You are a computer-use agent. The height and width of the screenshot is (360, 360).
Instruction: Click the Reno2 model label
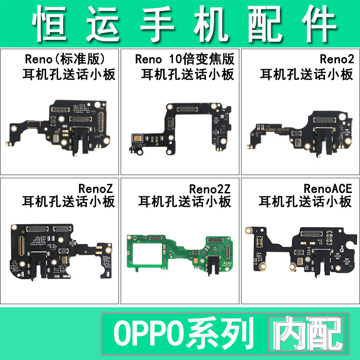click(x=337, y=59)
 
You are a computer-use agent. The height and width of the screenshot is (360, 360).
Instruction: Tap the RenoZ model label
click(x=96, y=189)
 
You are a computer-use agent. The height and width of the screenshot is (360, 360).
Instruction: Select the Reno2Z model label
click(x=210, y=189)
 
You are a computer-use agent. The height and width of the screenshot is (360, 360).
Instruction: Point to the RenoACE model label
click(x=328, y=189)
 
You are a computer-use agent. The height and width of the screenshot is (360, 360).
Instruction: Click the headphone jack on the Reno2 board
click(x=322, y=141)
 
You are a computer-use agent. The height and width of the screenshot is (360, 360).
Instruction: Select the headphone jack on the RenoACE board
click(x=321, y=262)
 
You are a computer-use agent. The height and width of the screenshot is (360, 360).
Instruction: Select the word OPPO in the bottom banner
click(x=149, y=334)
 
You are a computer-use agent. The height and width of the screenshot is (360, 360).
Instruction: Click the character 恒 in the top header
click(x=49, y=24)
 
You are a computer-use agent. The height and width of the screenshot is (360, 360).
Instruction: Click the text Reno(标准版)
click(x=64, y=59)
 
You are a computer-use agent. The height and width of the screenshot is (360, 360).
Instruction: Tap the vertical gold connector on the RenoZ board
click(x=21, y=246)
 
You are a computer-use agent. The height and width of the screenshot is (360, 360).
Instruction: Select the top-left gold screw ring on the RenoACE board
click(x=249, y=230)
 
